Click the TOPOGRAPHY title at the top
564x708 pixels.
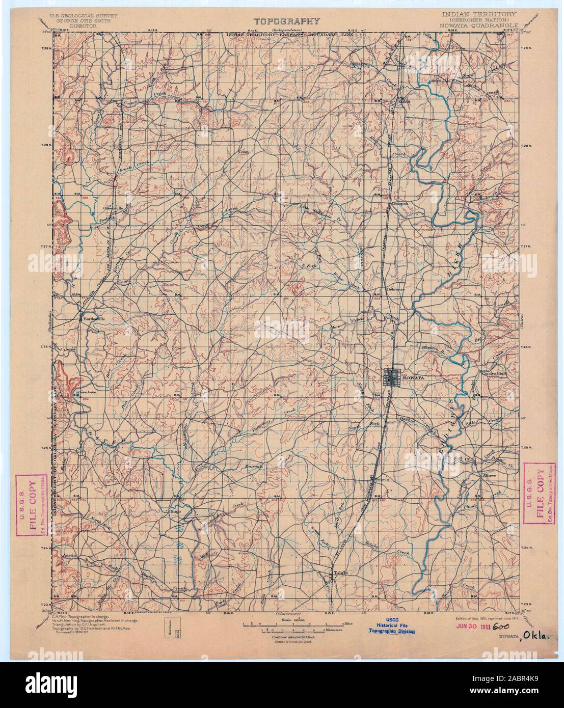click(x=287, y=21)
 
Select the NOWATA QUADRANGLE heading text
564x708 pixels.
click(x=477, y=24)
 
